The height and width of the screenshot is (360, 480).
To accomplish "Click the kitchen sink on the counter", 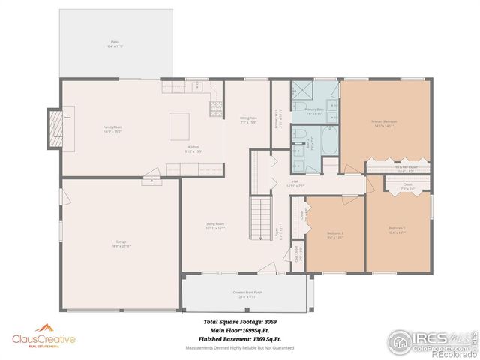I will click(x=172, y=87).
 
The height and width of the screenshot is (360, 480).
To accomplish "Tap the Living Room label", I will click(x=216, y=226).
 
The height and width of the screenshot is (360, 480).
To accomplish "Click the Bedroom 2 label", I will click(x=397, y=229).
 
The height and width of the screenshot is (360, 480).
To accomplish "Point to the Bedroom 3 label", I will click(x=335, y=235).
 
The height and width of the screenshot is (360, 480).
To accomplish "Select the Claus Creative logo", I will click(x=43, y=338).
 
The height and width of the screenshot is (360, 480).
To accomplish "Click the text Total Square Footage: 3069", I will click(x=241, y=321).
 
